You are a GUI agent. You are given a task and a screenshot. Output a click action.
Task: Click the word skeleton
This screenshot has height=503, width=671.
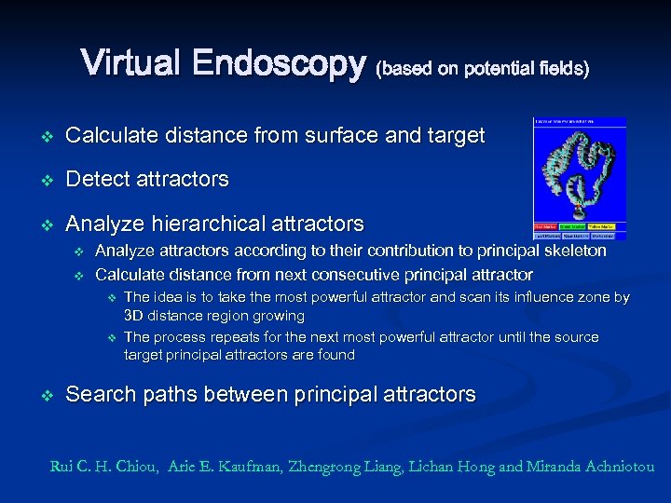pyautogui.click(x=576, y=251)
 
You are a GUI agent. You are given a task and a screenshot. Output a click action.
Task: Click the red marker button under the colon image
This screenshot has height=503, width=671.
pyautogui.click(x=545, y=226)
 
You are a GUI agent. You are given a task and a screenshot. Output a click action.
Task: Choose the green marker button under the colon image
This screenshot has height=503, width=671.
pyautogui.click(x=572, y=226)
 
